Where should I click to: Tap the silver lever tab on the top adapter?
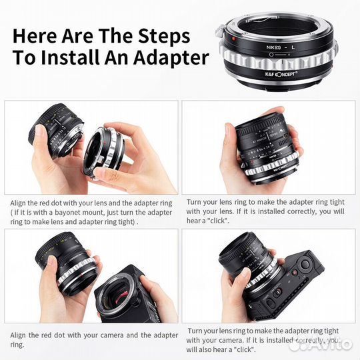point(221,31)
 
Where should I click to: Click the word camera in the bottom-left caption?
point(128,335)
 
